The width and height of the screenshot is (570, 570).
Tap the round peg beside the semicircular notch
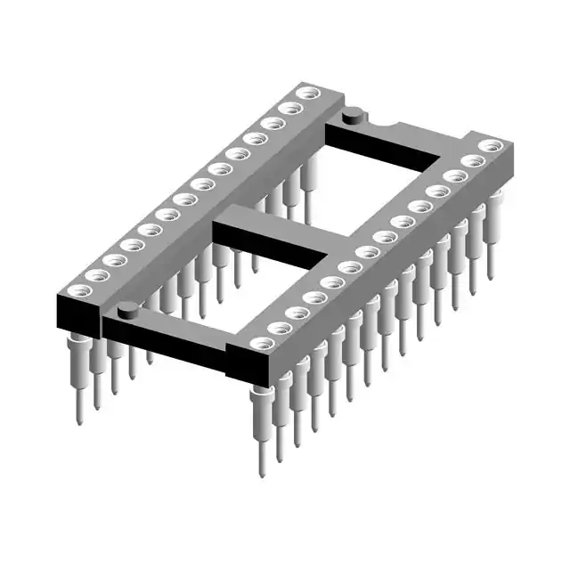(x=354, y=113)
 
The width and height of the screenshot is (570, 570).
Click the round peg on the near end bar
(x=127, y=310)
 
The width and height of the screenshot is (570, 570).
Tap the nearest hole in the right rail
(x=260, y=343)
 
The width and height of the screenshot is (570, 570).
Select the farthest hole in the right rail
(x=488, y=145)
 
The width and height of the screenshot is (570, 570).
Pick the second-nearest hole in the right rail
(x=280, y=327)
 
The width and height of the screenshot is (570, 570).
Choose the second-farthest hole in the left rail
(x=288, y=108)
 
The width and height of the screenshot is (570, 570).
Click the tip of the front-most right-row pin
(x=262, y=472)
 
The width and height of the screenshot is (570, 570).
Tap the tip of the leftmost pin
(x=77, y=419)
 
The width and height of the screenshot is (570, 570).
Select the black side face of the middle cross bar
(x=267, y=245)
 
